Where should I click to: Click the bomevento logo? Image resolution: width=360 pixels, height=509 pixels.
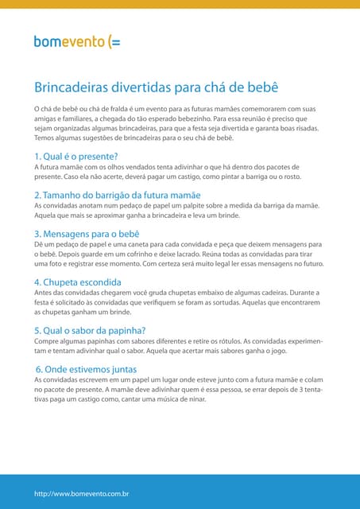[x=77, y=41]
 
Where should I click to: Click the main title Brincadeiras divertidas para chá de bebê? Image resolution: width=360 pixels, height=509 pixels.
[x=156, y=87]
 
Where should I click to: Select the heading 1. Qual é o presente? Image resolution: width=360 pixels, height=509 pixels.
[x=76, y=156]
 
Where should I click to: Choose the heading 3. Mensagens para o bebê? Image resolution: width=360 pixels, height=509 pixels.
[x=87, y=234]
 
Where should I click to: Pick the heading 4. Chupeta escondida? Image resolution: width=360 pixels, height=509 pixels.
[x=78, y=282]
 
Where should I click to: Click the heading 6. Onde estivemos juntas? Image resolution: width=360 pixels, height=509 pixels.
[x=87, y=369]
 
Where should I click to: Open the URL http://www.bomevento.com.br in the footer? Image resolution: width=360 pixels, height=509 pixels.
[x=82, y=494]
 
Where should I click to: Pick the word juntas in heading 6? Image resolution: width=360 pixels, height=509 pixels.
[x=122, y=369]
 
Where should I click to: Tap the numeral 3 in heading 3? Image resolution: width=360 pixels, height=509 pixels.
[x=37, y=234]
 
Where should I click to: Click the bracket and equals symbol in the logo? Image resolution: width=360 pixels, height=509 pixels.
[x=114, y=42]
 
